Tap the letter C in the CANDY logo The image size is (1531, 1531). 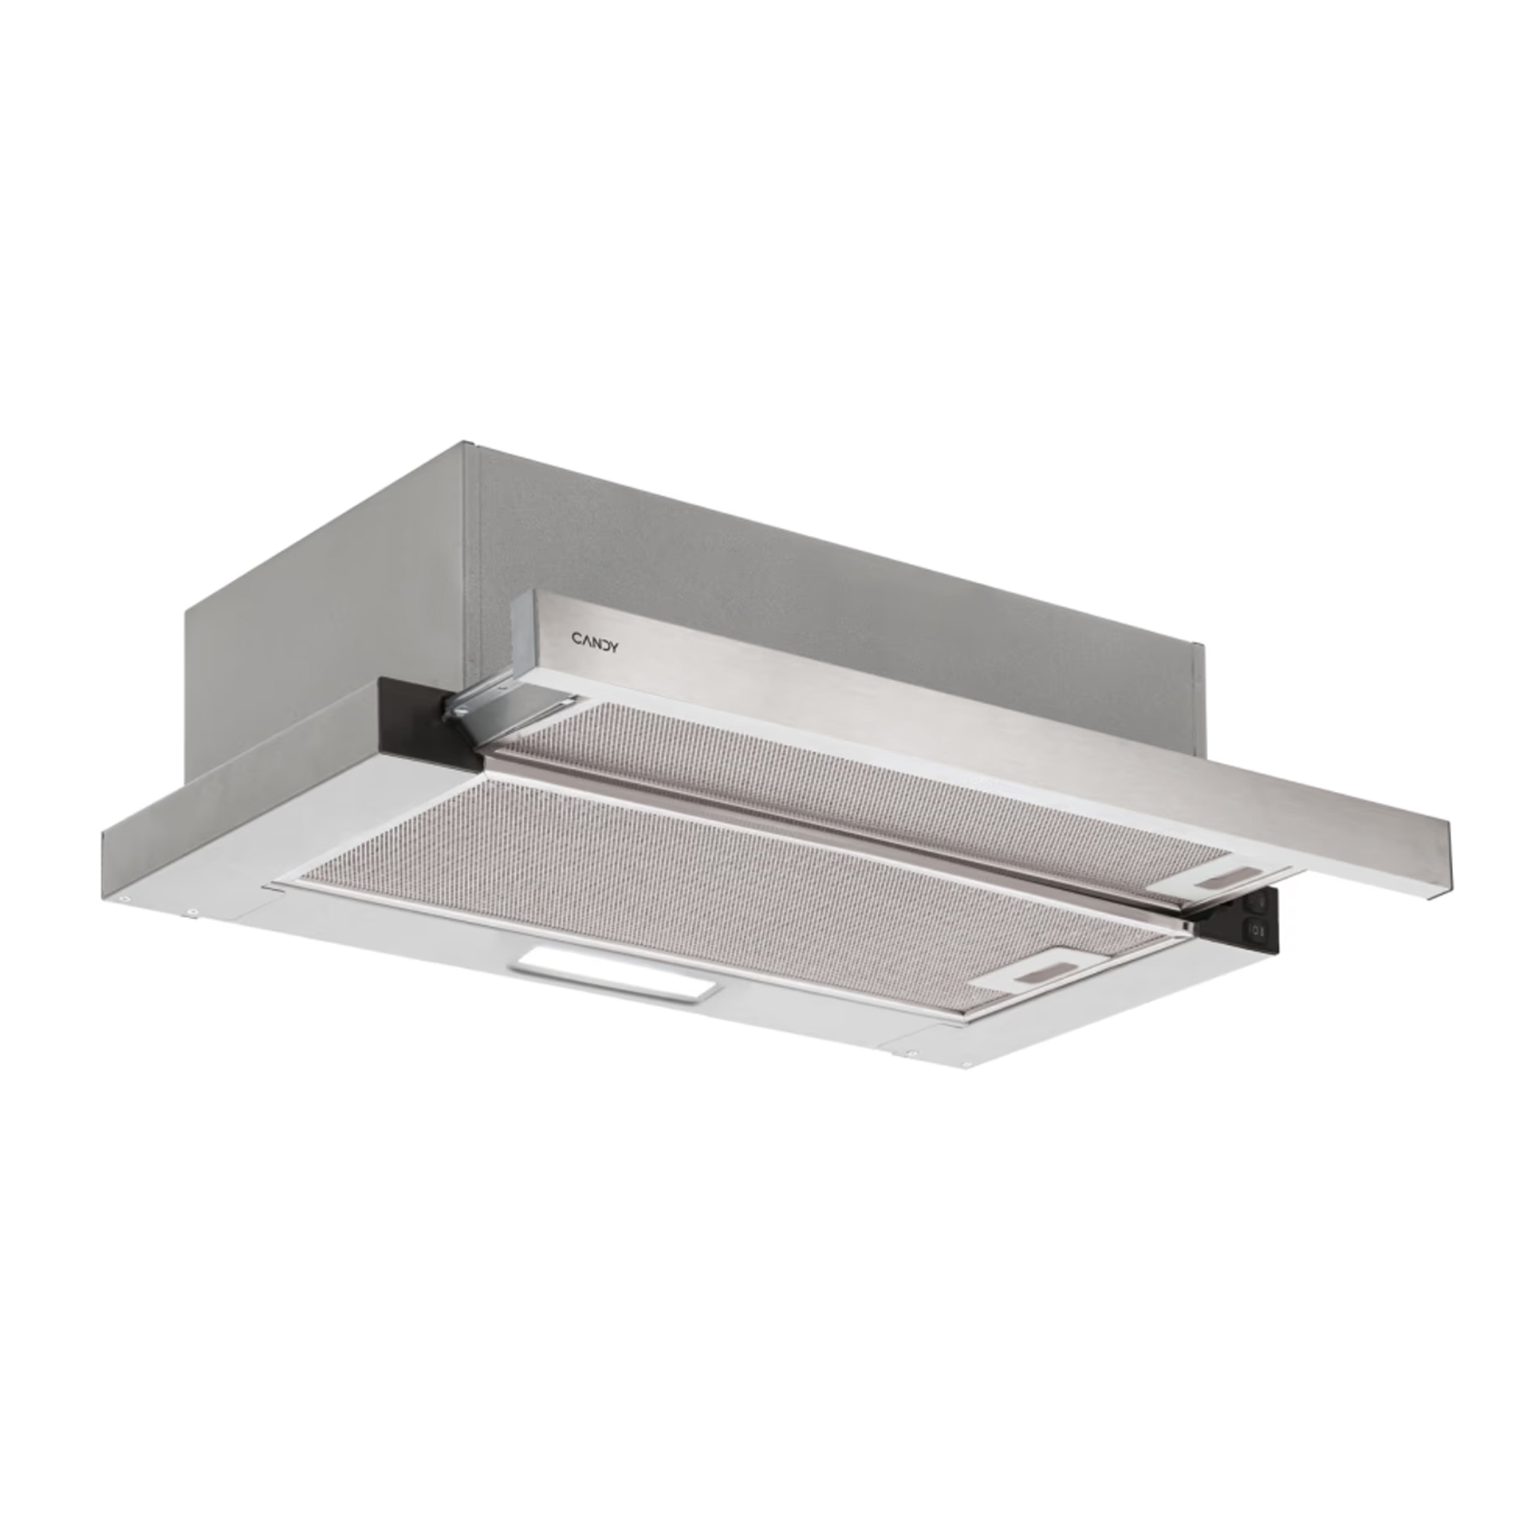pos(575,637)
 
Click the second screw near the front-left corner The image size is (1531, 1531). pos(192,912)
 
